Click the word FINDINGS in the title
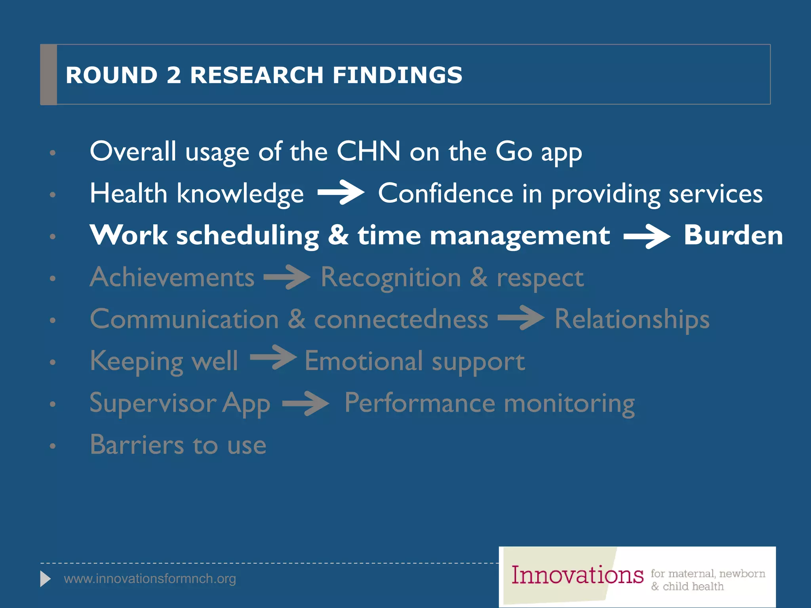click(x=397, y=75)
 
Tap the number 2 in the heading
click(x=173, y=75)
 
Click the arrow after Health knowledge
click(x=341, y=192)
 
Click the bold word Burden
click(x=733, y=235)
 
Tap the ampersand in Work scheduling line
click(x=338, y=235)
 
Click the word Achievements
click(x=172, y=277)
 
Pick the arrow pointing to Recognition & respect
click(x=287, y=277)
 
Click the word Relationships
click(x=632, y=319)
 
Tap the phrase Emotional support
click(x=415, y=361)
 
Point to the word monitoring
click(x=569, y=404)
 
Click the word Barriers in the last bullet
click(x=137, y=445)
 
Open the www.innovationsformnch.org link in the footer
click(x=150, y=579)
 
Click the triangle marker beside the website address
click(x=45, y=579)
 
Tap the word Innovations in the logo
click(x=577, y=575)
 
